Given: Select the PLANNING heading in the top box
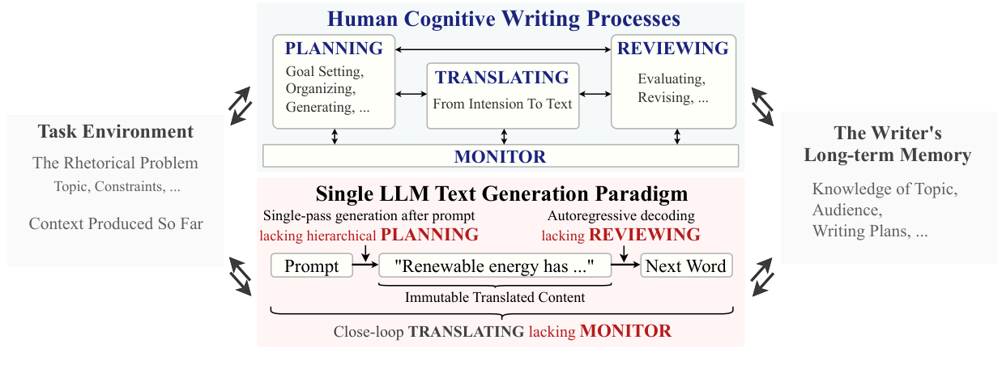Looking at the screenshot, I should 334,49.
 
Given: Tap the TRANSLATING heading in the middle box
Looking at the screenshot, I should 502,78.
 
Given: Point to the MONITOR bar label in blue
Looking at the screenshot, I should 500,156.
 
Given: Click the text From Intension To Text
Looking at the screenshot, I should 502,104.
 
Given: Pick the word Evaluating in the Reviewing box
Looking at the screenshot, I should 671,79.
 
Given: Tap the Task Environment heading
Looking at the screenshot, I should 115,131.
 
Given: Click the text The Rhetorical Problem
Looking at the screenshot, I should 115,164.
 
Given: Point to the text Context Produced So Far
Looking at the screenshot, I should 115,223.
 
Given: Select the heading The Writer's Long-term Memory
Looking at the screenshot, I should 887,143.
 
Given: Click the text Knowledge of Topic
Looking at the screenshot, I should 885,190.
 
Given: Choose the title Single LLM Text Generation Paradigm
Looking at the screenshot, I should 502,194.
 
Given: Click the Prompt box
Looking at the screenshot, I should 312,266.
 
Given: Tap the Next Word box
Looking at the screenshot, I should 686,266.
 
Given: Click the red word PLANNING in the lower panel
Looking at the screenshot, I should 429,236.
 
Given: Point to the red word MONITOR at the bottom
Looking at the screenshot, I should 625,331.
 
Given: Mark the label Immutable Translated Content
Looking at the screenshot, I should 495,298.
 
